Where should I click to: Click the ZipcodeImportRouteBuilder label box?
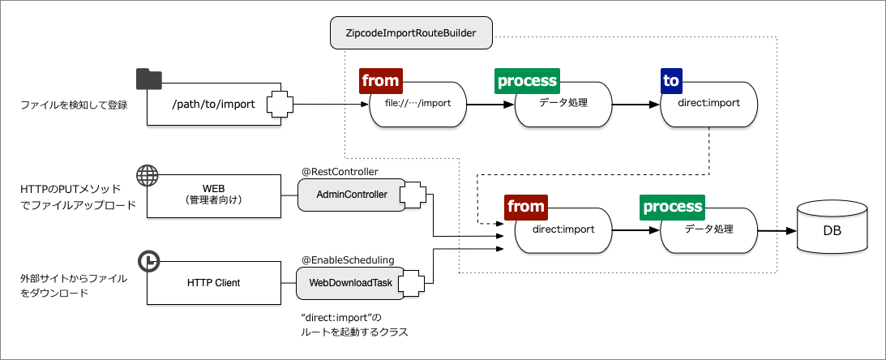click(412, 34)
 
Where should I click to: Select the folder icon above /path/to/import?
click(149, 79)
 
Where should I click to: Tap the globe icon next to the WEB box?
click(147, 175)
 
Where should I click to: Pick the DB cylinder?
click(832, 229)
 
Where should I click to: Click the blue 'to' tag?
click(671, 80)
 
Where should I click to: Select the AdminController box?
click(351, 195)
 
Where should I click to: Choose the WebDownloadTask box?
click(351, 283)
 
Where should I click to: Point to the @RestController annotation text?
click(340, 171)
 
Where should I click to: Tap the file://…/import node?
click(418, 104)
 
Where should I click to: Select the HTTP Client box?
click(213, 283)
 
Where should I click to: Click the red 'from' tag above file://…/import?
click(380, 80)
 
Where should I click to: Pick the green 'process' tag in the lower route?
click(673, 207)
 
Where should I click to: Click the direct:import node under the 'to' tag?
click(709, 104)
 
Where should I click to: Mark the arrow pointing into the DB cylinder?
click(778, 230)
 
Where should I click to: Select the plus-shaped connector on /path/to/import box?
click(280, 104)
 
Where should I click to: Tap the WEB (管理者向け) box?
click(213, 195)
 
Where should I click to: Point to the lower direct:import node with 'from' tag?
click(563, 230)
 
